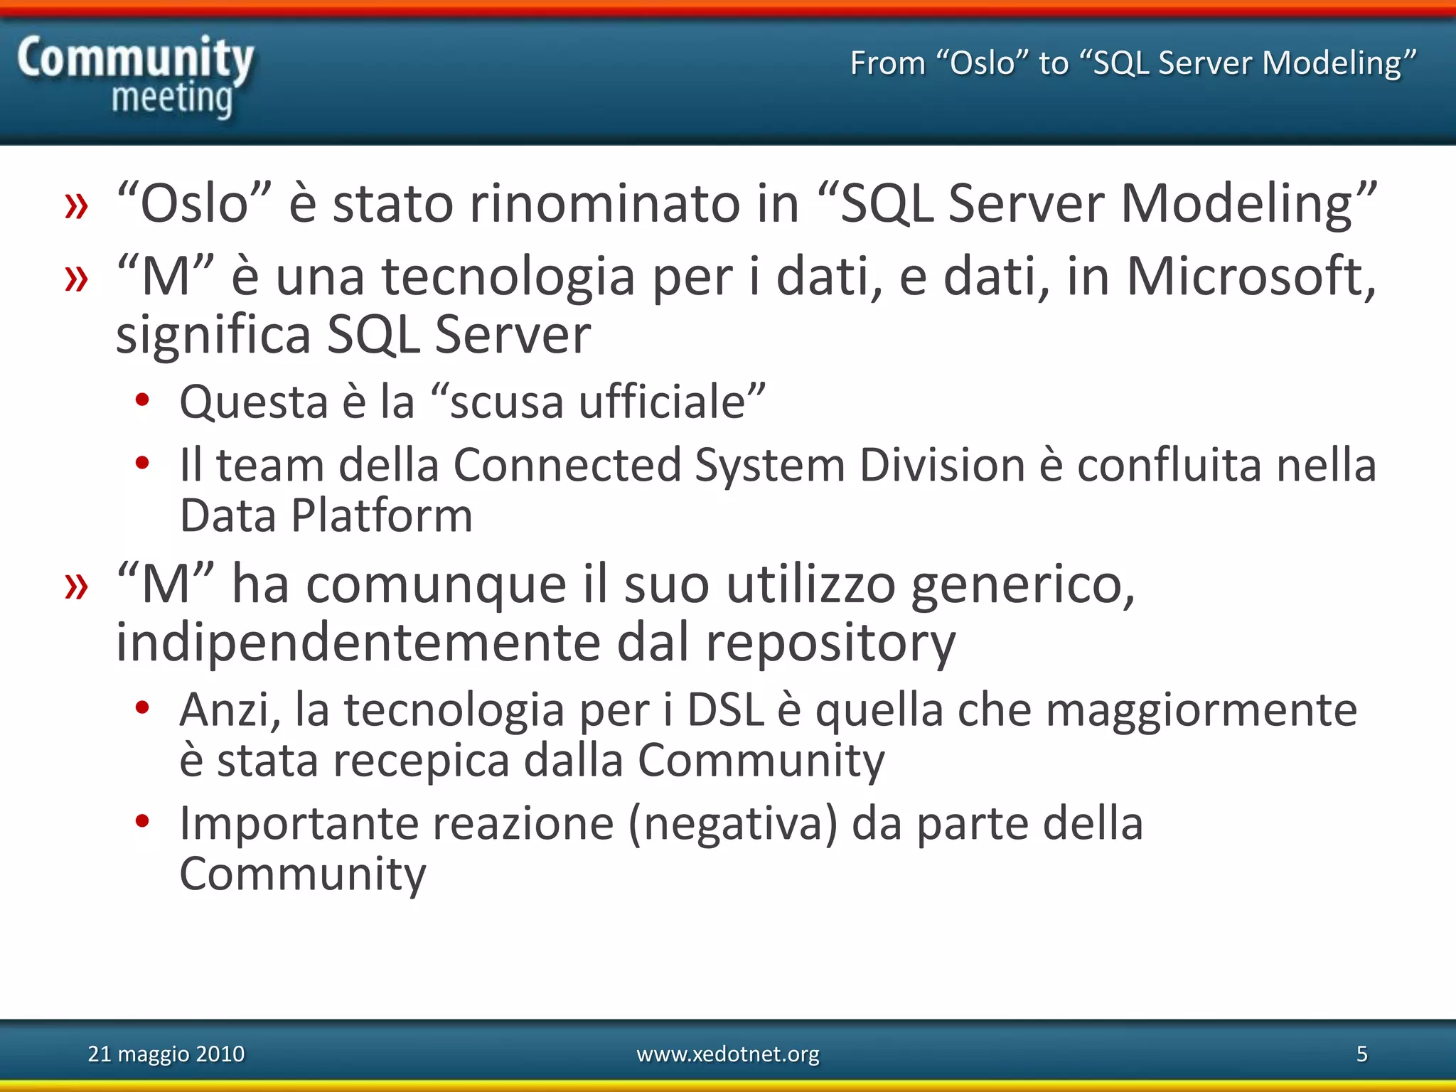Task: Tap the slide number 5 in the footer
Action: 1361,1054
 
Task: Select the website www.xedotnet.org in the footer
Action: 727,1054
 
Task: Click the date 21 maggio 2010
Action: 166,1054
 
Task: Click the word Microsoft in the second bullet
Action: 1250,276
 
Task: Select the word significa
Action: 213,336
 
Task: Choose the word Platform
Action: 382,515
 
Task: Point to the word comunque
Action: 436,584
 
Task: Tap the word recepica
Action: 421,760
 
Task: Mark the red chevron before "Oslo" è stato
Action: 76,206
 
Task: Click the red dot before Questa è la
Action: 142,400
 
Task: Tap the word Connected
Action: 567,466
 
